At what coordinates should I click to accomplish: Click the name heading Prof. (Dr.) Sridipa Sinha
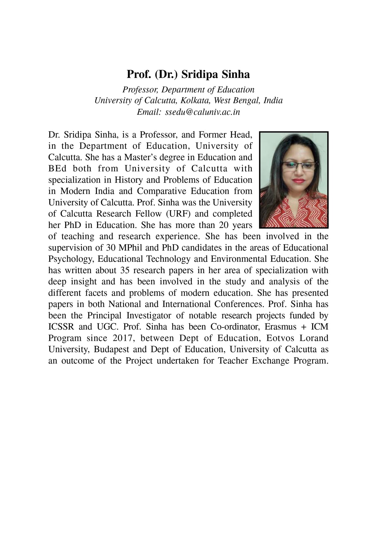point(188,75)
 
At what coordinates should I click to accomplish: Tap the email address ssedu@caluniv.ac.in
point(202,112)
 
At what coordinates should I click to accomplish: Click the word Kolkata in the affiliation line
point(196,100)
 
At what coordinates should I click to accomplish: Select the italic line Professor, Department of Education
point(188,90)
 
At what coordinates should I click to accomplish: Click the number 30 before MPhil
point(107,248)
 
